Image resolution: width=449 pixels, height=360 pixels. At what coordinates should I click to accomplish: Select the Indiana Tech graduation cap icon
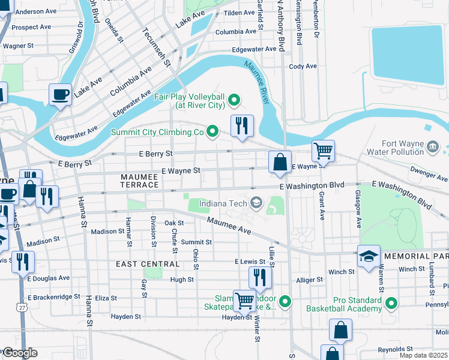pos(257,203)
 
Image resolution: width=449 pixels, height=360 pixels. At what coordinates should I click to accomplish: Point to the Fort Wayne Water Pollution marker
pos(432,146)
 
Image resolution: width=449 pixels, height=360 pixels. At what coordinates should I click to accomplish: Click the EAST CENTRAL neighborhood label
pos(148,264)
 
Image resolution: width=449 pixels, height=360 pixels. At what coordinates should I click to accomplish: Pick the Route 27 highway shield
pos(22,307)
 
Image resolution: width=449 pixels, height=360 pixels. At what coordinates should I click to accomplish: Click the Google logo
pos(19,353)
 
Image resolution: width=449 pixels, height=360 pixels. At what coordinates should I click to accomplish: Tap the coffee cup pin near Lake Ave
pos(60,94)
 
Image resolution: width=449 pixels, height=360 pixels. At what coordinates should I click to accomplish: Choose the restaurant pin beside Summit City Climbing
pos(242,125)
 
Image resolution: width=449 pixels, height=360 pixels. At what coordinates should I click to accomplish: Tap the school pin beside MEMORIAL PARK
pos(369,256)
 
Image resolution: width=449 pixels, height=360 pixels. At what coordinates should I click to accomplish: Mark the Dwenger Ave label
pos(429,177)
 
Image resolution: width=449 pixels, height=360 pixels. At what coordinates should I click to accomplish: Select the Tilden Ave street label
pos(239,13)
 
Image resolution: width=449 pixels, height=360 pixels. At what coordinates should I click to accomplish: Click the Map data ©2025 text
pos(423,355)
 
